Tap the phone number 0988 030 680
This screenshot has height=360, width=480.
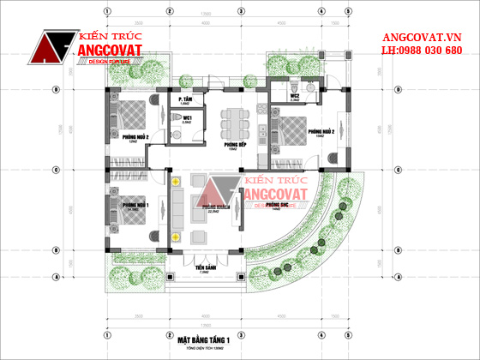tap(422, 51)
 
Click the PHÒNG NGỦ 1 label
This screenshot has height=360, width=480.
tap(135, 206)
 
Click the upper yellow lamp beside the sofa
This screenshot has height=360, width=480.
tap(176, 183)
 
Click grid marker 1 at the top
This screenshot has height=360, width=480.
tap(108, 11)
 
